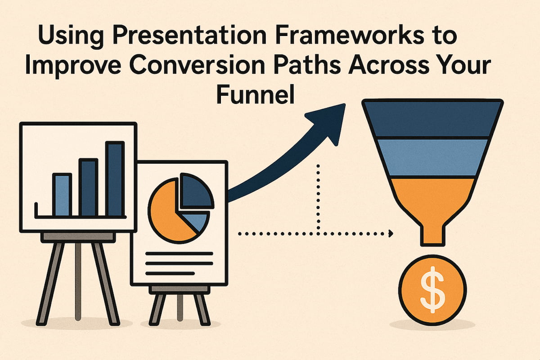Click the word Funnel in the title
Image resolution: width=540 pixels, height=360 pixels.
pyautogui.click(x=255, y=95)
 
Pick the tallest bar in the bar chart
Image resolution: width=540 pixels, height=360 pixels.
pyautogui.click(x=115, y=179)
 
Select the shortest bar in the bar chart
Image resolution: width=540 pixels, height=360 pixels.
pyautogui.click(x=62, y=194)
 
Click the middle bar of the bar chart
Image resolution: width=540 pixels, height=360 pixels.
pyautogui.click(x=88, y=187)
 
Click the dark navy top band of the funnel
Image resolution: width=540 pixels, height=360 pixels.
pyautogui.click(x=432, y=118)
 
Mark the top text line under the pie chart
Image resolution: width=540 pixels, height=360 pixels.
pyautogui.click(x=179, y=254)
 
